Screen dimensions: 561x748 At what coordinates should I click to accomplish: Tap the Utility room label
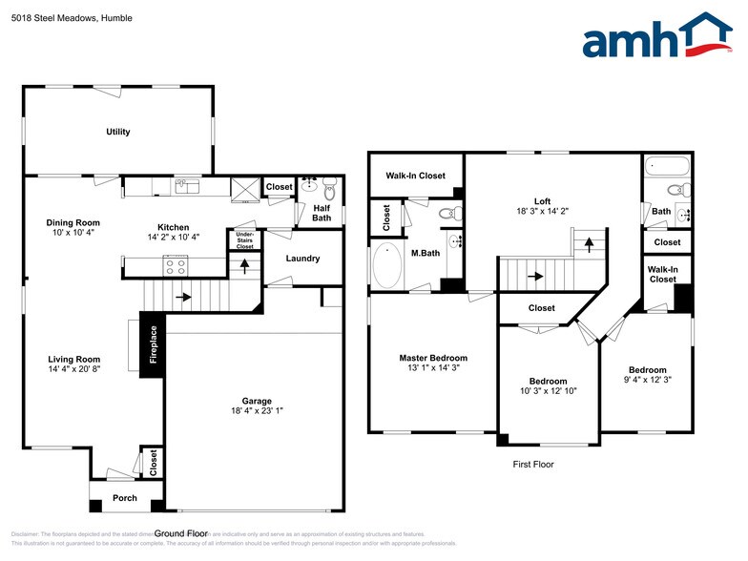click(x=118, y=132)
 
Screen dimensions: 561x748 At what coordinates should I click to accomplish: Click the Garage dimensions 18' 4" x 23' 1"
click(x=256, y=411)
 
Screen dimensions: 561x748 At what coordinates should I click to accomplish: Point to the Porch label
click(x=124, y=498)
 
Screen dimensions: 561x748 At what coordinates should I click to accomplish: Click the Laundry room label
click(x=302, y=259)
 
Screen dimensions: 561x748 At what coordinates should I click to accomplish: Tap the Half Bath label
click(x=322, y=212)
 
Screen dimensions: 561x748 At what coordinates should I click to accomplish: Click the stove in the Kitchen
click(x=176, y=265)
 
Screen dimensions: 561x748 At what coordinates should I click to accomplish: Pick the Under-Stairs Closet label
click(x=244, y=239)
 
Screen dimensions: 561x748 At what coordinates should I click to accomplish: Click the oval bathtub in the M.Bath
click(x=386, y=267)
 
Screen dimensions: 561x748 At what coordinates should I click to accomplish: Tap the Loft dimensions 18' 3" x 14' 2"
click(x=542, y=212)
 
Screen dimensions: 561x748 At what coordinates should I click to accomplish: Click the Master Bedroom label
click(x=433, y=358)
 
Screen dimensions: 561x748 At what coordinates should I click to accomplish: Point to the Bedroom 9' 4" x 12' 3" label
click(x=647, y=370)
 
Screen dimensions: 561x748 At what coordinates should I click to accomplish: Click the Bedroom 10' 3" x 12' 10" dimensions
click(x=548, y=391)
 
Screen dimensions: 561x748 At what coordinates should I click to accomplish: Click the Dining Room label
click(x=73, y=222)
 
